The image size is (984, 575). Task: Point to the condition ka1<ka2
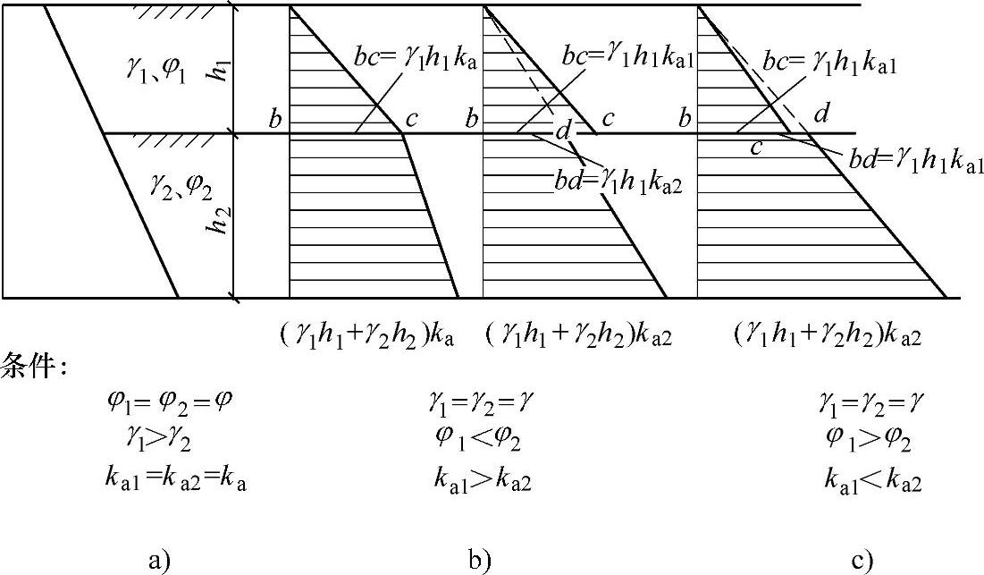pos(872,481)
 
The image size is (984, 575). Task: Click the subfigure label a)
pos(159,561)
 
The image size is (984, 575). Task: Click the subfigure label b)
pos(479,561)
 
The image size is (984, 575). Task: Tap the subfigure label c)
pos(862,561)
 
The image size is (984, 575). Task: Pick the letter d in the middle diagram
pos(563,131)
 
